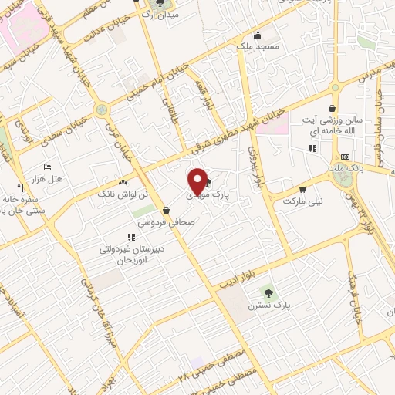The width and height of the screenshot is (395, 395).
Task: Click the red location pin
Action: [x=197, y=182]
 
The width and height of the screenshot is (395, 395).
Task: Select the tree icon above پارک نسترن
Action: [x=268, y=292]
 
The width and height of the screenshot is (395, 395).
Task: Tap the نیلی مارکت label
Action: [x=300, y=201]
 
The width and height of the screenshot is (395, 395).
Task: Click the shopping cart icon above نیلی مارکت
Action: [x=302, y=188]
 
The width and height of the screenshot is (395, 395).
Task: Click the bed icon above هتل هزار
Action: [x=48, y=166]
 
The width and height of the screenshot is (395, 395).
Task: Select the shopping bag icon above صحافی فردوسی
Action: [x=166, y=209]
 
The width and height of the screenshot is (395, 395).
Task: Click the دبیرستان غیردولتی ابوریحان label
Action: [x=123, y=255]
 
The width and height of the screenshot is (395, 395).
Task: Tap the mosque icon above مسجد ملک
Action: [x=257, y=35]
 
